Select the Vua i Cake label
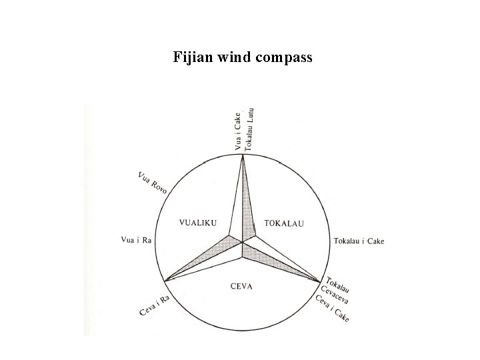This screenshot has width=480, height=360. click(237, 131)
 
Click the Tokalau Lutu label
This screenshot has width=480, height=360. click(249, 129)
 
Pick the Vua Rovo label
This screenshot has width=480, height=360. click(153, 183)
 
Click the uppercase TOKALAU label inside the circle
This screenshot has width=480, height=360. click(283, 223)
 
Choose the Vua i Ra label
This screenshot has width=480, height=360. click(137, 239)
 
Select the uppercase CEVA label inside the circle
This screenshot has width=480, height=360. click(242, 287)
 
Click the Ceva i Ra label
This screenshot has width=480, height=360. click(155, 307)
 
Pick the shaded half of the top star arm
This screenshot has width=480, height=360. click(247, 207)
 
